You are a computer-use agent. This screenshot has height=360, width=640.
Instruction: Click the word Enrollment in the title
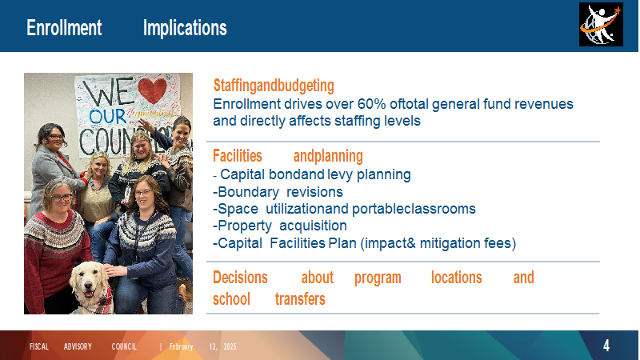pyautogui.click(x=64, y=28)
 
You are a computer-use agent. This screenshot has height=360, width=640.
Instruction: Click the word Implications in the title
pyautogui.click(x=185, y=29)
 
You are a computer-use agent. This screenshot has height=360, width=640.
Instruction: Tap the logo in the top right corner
pyautogui.click(x=601, y=25)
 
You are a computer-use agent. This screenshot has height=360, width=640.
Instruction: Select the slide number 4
pyautogui.click(x=606, y=346)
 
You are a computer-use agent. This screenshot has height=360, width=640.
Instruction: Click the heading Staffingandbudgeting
pyautogui.click(x=274, y=86)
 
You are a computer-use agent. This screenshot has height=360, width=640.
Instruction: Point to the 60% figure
pyautogui.click(x=371, y=104)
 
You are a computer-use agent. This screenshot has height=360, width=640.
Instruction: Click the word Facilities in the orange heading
pyautogui.click(x=238, y=156)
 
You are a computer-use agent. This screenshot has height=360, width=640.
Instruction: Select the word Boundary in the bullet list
pyautogui.click(x=249, y=192)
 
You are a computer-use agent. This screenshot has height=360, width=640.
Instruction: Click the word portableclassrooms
pyautogui.click(x=414, y=209)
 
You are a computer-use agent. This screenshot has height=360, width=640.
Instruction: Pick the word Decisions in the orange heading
pyautogui.click(x=240, y=278)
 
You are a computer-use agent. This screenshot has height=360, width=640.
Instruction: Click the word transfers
pyautogui.click(x=300, y=299)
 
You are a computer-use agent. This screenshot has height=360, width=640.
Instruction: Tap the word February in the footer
pyautogui.click(x=181, y=347)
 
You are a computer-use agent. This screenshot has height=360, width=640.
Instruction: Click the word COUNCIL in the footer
pyautogui.click(x=124, y=346)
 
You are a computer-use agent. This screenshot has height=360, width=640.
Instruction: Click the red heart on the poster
pyautogui.click(x=152, y=90)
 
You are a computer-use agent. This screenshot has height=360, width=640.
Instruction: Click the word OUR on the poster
pyautogui.click(x=107, y=116)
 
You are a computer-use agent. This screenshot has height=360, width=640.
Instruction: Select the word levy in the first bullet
pyautogui.click(x=341, y=174)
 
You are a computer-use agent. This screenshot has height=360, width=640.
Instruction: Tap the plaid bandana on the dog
pyautogui.click(x=99, y=302)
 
